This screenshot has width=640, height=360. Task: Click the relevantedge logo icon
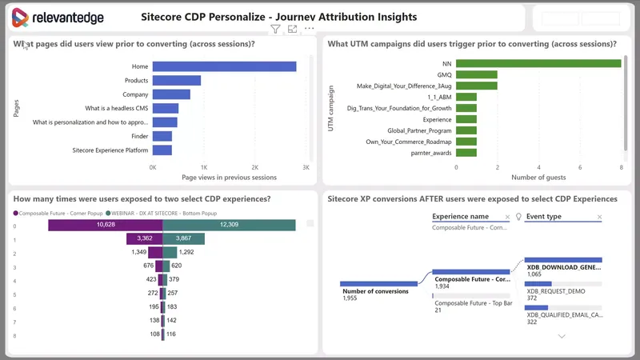pos(21,18)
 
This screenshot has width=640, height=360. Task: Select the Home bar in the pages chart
pos(224,66)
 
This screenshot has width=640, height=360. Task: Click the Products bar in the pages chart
pos(176,80)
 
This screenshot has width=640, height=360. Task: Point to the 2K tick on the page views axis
pos(254,167)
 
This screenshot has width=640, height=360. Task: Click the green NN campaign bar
pos(538,63)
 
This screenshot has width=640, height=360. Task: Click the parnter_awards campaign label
pos(432,152)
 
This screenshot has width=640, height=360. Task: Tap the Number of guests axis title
pos(538,177)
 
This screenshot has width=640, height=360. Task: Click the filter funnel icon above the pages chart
pos(275,30)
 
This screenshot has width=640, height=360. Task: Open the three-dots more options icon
pos(309,30)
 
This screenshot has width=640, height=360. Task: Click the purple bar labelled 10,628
pos(105,225)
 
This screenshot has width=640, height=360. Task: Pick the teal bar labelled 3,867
pos(183,238)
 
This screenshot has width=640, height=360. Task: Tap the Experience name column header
pos(460,216)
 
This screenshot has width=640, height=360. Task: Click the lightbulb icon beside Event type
pos(518,216)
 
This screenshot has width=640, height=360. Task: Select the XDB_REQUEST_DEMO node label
pos(555,291)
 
